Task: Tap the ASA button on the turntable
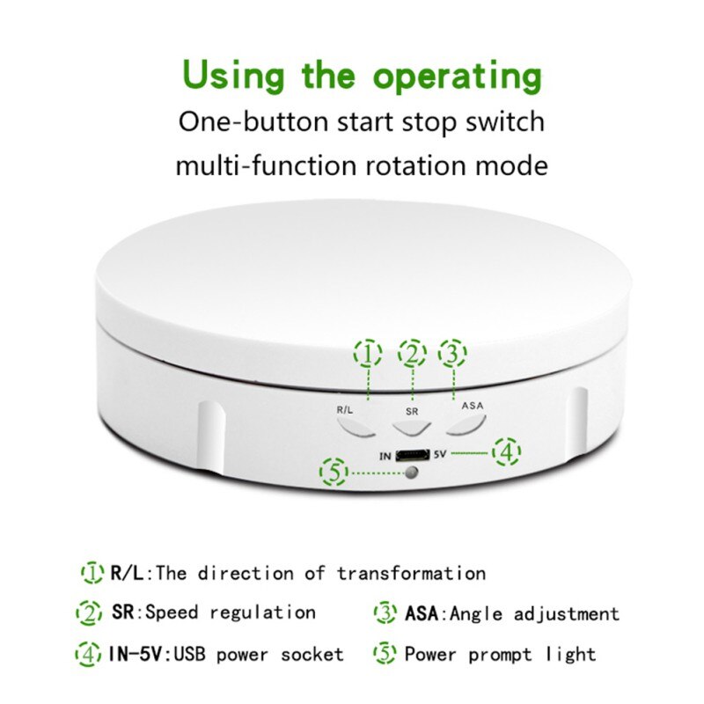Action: [467, 425]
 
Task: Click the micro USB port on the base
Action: [412, 456]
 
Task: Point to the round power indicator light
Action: [411, 473]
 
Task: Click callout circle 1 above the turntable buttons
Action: [368, 354]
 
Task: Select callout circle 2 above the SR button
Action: [412, 354]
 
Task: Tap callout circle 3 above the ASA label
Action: [452, 354]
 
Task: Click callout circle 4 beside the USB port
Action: [507, 452]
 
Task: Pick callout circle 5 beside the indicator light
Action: [334, 472]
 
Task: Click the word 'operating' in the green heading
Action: [458, 77]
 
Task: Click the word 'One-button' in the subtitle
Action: [253, 122]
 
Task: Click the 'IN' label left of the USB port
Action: [385, 457]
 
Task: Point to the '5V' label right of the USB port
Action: [440, 454]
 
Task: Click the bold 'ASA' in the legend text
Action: [422, 613]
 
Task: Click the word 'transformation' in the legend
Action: [411, 574]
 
